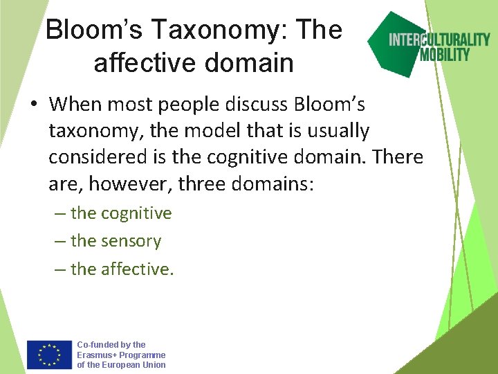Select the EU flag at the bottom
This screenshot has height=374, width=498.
(49, 354)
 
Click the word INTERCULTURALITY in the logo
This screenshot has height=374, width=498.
(439, 39)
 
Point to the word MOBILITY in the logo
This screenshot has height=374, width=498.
(445, 54)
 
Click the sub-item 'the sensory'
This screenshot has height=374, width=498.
(116, 241)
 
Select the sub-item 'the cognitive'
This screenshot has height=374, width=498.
(120, 213)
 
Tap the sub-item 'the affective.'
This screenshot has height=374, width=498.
(122, 269)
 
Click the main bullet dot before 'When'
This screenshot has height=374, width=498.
(33, 105)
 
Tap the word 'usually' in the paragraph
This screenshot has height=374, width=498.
(336, 130)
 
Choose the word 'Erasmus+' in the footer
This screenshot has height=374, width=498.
(97, 355)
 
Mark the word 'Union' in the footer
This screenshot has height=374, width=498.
(151, 365)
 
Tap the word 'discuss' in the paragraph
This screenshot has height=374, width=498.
(256, 105)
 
